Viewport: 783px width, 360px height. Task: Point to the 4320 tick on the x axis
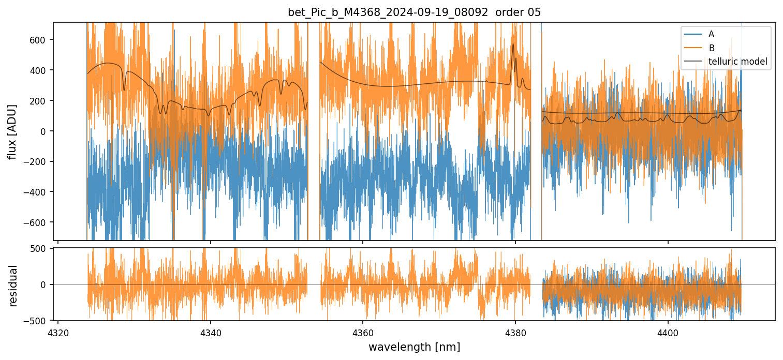pyautogui.click(x=58, y=331)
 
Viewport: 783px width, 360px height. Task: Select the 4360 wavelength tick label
pyautogui.click(x=363, y=331)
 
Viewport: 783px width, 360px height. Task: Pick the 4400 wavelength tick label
pyautogui.click(x=668, y=331)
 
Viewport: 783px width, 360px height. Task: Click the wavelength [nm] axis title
pyautogui.click(x=414, y=347)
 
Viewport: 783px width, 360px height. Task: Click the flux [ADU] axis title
pyautogui.click(x=12, y=131)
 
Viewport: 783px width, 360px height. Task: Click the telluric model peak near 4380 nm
pyautogui.click(x=513, y=44)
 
